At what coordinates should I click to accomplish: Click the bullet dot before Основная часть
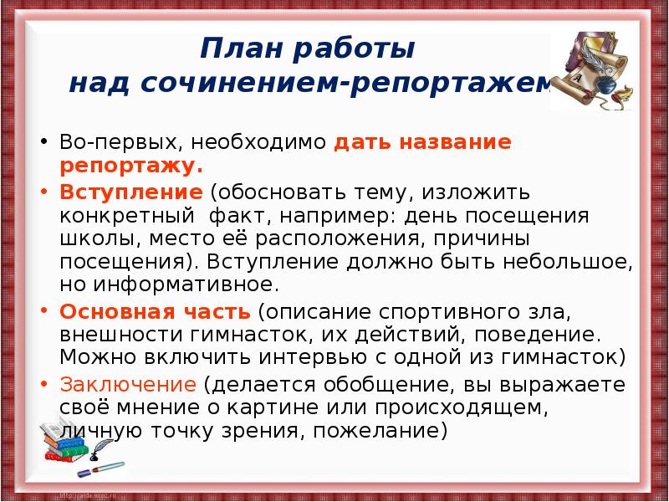[43, 312]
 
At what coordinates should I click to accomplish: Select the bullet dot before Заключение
[43, 384]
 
